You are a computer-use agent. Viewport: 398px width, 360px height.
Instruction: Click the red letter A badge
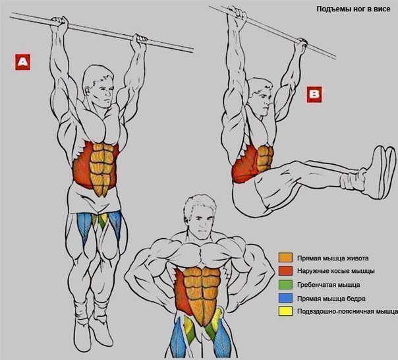22,62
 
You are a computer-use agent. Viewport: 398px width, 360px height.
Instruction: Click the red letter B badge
314,94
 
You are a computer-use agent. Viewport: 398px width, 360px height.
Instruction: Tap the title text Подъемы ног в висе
353,9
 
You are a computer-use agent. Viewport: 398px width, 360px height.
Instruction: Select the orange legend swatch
285,257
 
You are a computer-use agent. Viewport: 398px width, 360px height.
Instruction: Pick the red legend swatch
285,271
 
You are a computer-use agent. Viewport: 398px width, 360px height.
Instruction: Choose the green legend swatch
285,285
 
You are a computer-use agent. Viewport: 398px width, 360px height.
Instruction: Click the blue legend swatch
285,298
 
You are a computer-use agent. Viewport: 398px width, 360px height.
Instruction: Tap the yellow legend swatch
285,311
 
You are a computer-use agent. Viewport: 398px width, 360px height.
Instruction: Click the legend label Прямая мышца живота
333,258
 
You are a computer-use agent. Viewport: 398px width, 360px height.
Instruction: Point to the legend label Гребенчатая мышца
328,285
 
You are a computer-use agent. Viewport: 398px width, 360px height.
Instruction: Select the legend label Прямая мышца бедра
331,299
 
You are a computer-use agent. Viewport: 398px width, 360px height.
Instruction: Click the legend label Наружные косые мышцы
336,272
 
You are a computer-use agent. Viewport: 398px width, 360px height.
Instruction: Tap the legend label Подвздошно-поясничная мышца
347,312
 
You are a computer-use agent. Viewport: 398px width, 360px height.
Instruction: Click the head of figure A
98,85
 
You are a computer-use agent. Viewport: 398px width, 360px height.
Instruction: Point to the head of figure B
260,96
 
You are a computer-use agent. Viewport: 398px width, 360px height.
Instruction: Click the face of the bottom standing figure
201,224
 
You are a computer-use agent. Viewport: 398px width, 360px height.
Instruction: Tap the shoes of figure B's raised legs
382,172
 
